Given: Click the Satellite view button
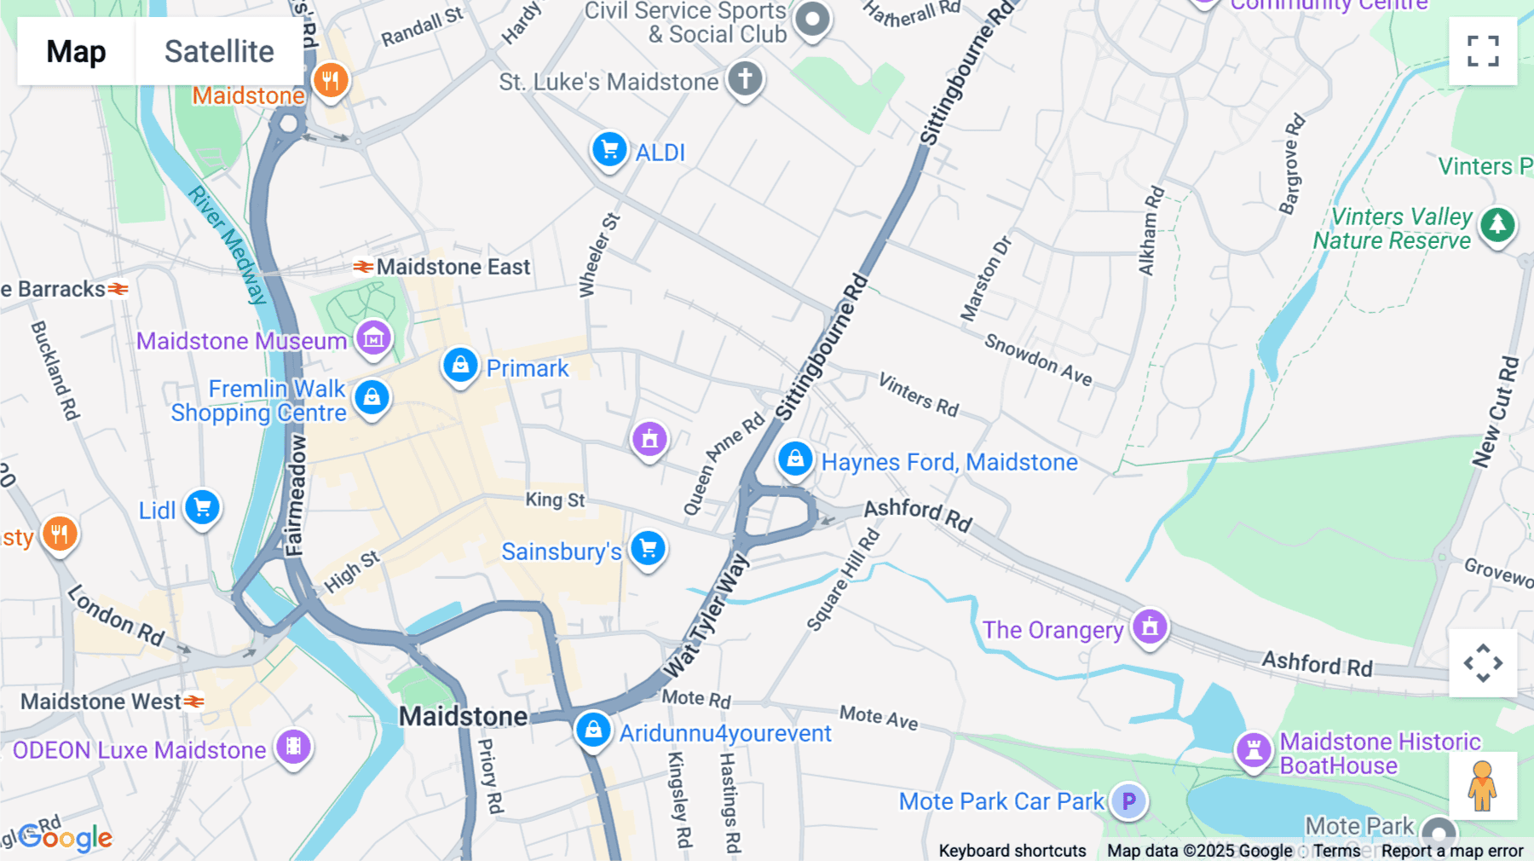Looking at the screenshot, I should [x=219, y=51].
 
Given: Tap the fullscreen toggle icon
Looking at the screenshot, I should [x=1483, y=51].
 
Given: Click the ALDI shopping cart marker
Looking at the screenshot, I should [x=609, y=151].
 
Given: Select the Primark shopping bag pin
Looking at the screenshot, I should [x=460, y=367].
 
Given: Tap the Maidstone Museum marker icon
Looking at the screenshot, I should [x=373, y=339].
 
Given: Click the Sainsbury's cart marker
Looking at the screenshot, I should [x=648, y=549].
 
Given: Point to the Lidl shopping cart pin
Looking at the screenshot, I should [x=203, y=509].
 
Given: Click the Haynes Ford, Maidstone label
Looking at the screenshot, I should [x=949, y=462].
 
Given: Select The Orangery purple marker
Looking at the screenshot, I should [x=1150, y=627].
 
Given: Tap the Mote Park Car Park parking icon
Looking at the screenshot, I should [x=1128, y=801].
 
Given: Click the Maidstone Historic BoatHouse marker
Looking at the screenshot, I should [x=1254, y=751].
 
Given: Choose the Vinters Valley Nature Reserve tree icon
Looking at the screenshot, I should [x=1497, y=226].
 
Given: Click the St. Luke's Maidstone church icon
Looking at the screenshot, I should [x=745, y=79].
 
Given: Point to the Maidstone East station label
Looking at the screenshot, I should [x=453, y=267].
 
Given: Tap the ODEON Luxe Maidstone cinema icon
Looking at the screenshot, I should [x=293, y=748].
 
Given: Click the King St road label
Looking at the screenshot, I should [x=555, y=500].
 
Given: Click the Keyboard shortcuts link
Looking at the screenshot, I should [x=1012, y=851].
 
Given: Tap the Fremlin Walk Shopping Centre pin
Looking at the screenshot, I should [x=372, y=398].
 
